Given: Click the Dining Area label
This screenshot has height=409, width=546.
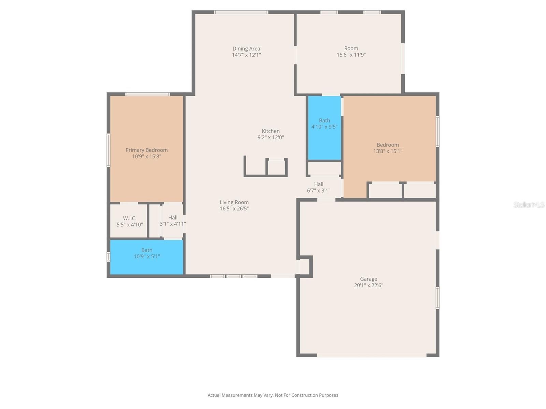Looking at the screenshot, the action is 246,49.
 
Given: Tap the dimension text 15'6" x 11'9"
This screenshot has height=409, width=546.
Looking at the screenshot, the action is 351,55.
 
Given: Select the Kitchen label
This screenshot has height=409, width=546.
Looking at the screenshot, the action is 271,131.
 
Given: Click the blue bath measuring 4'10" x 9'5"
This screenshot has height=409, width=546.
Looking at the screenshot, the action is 324,136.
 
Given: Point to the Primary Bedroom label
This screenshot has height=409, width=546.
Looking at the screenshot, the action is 146,150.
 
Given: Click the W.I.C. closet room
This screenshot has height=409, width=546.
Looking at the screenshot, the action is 129,221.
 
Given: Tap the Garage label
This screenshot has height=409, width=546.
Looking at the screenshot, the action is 368,279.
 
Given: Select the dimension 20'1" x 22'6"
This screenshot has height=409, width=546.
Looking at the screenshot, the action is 368,285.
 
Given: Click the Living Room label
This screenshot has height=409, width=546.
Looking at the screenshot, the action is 234,202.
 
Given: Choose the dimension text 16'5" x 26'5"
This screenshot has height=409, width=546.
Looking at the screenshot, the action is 234,209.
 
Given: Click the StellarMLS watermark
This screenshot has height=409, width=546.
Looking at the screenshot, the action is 529,204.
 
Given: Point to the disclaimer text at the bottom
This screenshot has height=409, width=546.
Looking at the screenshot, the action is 273,395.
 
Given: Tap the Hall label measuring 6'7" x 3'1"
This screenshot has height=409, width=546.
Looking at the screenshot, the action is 318,184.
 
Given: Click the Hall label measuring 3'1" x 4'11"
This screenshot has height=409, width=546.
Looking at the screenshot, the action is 173,217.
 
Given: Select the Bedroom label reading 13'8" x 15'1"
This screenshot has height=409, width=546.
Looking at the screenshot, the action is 387,145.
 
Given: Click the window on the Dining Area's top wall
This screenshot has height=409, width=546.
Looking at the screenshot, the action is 241,12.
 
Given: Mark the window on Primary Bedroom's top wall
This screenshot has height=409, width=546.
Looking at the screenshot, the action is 147,94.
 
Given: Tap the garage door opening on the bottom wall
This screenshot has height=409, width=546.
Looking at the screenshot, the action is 372,355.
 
